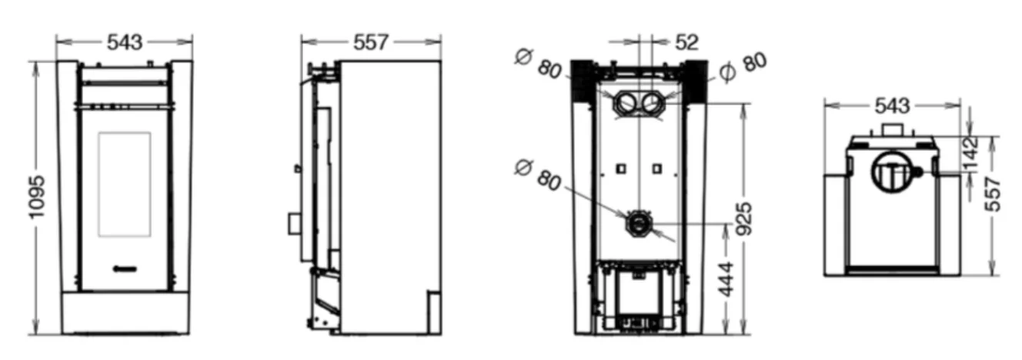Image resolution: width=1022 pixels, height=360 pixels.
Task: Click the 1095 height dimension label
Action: click(x=37, y=197)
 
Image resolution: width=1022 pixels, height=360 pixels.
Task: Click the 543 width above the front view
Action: click(x=125, y=42)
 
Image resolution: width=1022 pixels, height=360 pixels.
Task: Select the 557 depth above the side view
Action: click(x=370, y=42)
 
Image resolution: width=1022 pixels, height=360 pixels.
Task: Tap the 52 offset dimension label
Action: click(x=686, y=42)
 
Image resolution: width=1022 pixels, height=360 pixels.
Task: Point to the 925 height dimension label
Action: click(x=744, y=219)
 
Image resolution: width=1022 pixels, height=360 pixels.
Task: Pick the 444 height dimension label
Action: click(x=726, y=279)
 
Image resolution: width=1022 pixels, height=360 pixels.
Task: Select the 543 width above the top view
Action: click(x=892, y=106)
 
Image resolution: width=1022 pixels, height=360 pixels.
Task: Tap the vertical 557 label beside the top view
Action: click(x=992, y=195)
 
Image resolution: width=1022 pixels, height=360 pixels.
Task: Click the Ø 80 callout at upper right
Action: click(x=743, y=68)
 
